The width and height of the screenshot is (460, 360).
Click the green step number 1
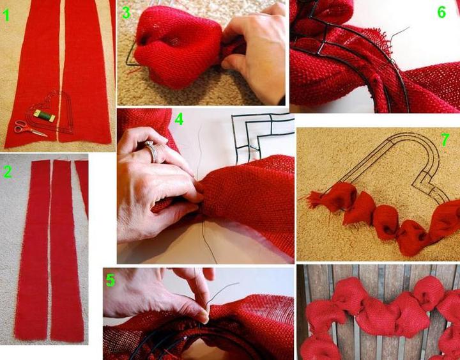6,15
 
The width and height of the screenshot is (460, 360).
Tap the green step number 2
8,172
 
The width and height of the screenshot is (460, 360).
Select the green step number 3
126,13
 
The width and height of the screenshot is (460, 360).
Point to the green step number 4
179,119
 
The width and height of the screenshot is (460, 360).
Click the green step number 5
111,281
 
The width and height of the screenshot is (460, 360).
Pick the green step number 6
441,12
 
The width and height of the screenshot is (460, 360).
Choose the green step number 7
445,140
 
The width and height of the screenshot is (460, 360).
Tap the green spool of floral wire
44,116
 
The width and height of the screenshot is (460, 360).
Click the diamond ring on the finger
152,150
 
